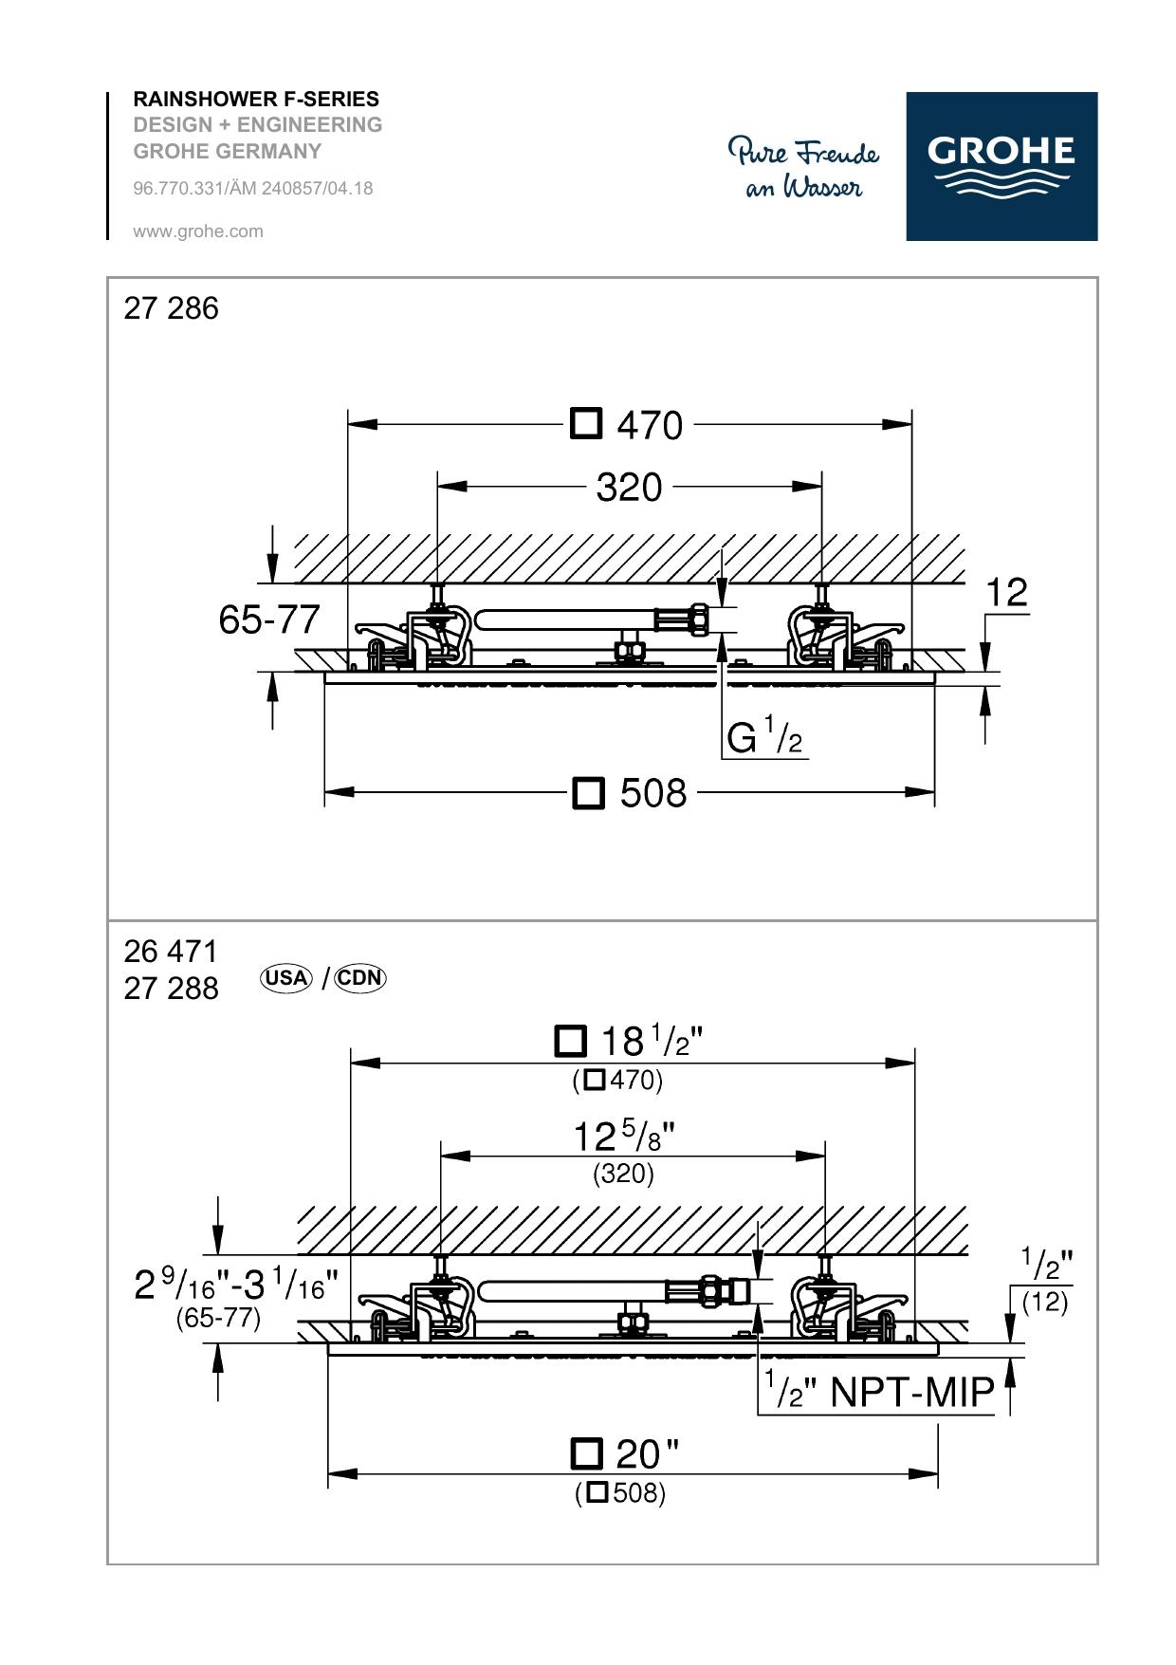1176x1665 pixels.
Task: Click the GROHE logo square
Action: click(1001, 166)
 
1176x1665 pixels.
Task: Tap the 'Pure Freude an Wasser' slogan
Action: click(804, 168)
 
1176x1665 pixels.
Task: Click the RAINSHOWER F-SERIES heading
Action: click(256, 99)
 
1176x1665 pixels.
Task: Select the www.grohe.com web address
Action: click(198, 231)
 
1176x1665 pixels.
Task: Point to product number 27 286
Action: click(171, 308)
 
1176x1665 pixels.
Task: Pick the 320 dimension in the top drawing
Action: click(629, 488)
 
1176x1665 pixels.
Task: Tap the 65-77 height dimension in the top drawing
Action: click(269, 620)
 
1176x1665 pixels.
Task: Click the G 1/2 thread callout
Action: click(764, 736)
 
